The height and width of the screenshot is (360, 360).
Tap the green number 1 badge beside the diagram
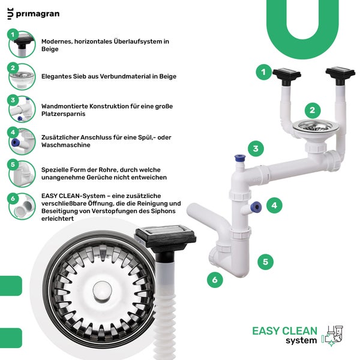click(x=263, y=73)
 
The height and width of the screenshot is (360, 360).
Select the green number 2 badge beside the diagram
click(x=311, y=110)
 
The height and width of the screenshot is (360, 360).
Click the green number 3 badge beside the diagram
click(x=255, y=149)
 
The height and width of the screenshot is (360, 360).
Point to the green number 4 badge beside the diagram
click(x=274, y=205)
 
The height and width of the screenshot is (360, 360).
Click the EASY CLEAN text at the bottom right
click(x=284, y=331)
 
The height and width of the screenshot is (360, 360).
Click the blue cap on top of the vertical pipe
click(x=239, y=160)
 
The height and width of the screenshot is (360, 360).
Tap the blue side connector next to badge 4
click(x=255, y=207)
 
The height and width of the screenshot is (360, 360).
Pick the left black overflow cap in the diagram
click(x=286, y=76)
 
